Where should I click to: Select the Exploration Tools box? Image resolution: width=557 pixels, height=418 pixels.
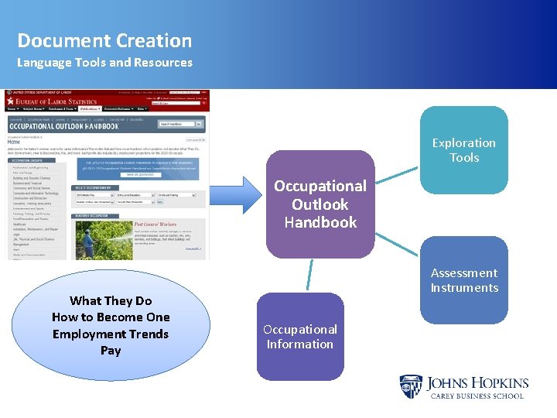463,150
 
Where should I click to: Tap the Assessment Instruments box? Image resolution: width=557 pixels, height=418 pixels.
463,280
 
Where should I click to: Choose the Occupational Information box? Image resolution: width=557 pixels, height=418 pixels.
300,337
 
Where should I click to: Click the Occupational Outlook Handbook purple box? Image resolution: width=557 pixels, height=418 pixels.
320,204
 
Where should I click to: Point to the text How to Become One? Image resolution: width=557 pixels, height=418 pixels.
111,317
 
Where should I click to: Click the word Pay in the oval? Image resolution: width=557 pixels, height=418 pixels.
111,351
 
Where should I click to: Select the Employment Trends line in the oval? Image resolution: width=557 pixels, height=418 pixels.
111,334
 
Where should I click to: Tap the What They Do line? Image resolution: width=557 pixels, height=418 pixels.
111,301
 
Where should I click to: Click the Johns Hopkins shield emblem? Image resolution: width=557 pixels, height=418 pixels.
410,387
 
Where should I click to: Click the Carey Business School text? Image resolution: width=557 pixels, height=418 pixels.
477,396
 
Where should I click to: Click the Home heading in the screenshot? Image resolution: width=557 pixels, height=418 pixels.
15,142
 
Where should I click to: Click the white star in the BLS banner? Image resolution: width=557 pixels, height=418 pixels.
10,101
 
